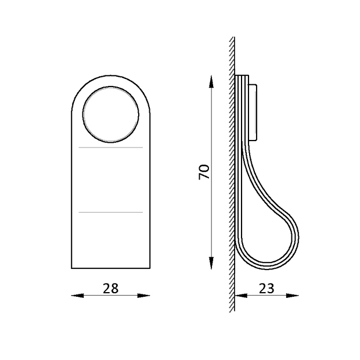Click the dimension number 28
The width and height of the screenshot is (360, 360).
[x=111, y=289]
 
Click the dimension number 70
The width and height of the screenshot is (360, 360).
[x=204, y=172]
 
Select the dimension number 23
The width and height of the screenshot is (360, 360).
[x=267, y=289]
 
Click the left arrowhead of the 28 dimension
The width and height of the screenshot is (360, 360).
[x=77, y=296]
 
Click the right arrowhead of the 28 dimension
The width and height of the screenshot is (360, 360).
[x=144, y=296]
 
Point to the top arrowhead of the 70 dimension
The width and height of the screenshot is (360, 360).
[x=211, y=81]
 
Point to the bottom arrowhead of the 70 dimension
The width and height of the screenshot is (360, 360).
[x=211, y=262]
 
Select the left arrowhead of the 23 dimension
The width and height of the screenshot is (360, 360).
[x=241, y=296]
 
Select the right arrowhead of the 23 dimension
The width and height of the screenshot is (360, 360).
[x=293, y=296]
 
